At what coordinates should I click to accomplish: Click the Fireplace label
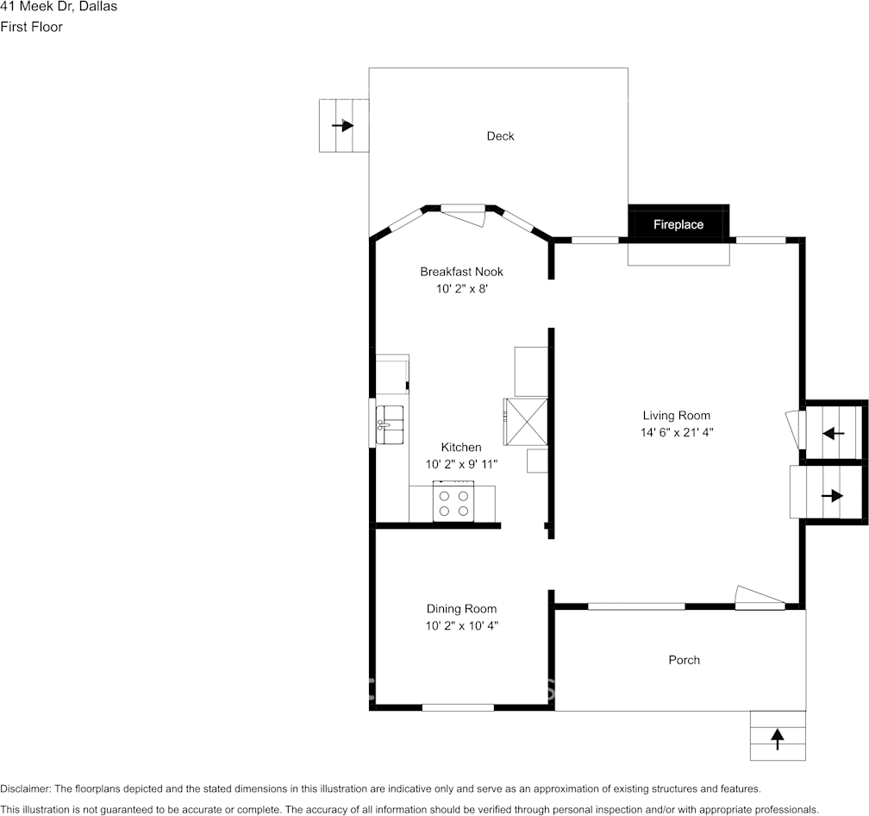tap(678, 224)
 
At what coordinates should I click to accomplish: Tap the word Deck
tap(500, 136)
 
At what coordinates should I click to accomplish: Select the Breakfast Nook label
tap(461, 272)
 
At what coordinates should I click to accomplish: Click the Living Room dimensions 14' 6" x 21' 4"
tap(676, 432)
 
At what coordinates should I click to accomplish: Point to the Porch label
tap(684, 660)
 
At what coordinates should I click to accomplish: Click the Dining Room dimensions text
tap(461, 625)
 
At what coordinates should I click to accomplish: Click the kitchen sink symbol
tap(390, 424)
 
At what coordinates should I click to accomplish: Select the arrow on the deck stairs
tap(343, 125)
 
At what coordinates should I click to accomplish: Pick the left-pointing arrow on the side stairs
tap(833, 433)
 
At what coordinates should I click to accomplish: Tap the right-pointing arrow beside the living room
tap(832, 495)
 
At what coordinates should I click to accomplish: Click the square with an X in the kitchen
tap(526, 421)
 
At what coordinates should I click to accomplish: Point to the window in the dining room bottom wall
tap(458, 707)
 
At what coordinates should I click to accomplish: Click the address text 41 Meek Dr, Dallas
tap(59, 7)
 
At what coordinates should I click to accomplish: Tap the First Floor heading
tap(31, 27)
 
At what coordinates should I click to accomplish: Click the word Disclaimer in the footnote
tap(25, 788)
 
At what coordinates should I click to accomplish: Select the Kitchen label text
tap(461, 447)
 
